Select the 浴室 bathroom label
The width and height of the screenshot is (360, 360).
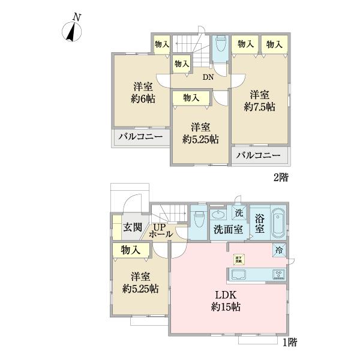click(260, 223)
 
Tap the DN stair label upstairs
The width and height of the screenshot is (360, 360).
click(208, 77)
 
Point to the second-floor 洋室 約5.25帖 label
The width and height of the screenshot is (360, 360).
click(200, 133)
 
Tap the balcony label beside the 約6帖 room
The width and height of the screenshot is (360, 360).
click(140, 137)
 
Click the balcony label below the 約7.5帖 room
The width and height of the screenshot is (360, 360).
click(258, 156)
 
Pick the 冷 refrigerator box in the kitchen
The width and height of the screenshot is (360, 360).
click(279, 250)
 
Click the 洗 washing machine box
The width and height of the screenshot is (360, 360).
click(239, 212)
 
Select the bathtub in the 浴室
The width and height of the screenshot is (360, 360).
click(278, 224)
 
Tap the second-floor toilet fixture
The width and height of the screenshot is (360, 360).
click(220, 46)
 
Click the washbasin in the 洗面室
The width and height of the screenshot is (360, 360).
click(217, 214)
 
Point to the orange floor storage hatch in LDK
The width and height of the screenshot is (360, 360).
click(238, 259)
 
